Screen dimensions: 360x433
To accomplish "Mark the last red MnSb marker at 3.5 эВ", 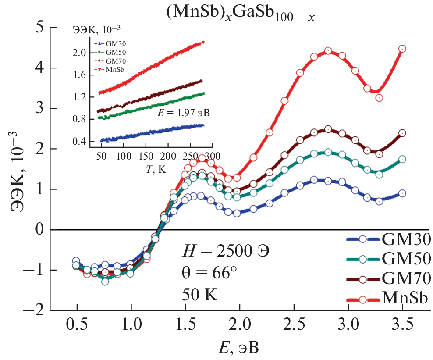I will click(x=402, y=49).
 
